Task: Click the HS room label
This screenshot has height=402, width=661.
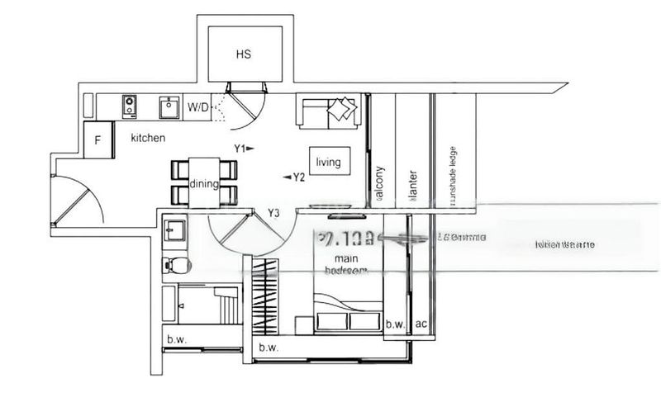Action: pyautogui.click(x=243, y=54)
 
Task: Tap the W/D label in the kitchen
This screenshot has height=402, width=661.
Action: pyautogui.click(x=198, y=106)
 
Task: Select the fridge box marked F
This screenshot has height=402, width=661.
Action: pyautogui.click(x=97, y=140)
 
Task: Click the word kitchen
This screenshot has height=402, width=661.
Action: pyautogui.click(x=148, y=138)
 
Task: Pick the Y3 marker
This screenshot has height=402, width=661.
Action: pyautogui.click(x=273, y=214)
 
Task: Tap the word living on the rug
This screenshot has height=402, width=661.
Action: pyautogui.click(x=328, y=162)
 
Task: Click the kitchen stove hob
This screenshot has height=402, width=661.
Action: pyautogui.click(x=130, y=106)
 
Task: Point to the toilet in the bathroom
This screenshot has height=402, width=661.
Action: pyautogui.click(x=176, y=265)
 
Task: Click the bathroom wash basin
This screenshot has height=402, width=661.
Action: pyautogui.click(x=174, y=229)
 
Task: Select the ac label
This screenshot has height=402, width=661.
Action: pyautogui.click(x=421, y=324)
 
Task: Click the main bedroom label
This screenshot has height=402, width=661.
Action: pyautogui.click(x=340, y=263)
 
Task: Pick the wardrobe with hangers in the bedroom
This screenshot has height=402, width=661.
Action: pyautogui.click(x=264, y=297)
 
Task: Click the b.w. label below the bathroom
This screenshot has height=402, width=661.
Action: pyautogui.click(x=175, y=339)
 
